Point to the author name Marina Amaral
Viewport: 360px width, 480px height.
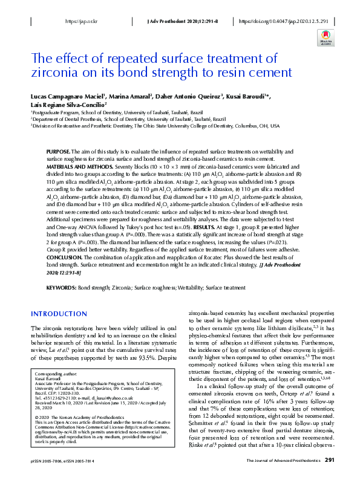click(x=126, y=96)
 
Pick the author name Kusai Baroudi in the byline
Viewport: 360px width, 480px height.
click(x=250, y=96)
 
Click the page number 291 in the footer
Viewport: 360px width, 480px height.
click(x=330, y=460)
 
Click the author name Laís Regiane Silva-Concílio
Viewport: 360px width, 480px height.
click(x=68, y=104)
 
